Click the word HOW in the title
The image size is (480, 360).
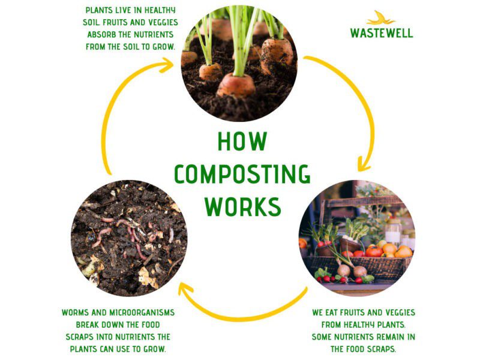click(242, 141)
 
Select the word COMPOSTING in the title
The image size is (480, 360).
click(242, 174)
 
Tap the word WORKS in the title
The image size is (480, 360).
click(242, 206)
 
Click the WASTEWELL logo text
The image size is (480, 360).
click(382, 33)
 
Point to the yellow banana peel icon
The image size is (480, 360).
click(380, 18)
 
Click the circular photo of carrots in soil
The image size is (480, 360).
click(239, 64)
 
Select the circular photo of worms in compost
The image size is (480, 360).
click(129, 238)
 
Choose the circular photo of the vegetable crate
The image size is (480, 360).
click(357, 238)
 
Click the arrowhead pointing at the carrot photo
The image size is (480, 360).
click(167, 65)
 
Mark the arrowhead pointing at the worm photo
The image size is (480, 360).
click(184, 289)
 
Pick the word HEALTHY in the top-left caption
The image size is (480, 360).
click(160, 10)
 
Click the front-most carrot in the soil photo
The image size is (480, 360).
click(236, 85)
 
